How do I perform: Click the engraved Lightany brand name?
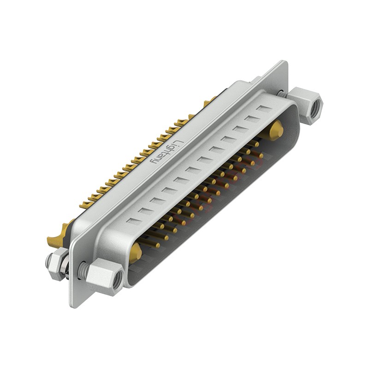click(165, 151)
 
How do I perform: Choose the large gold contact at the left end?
click(135, 252)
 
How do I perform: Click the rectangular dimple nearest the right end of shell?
click(264, 109)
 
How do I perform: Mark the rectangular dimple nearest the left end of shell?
click(133, 221)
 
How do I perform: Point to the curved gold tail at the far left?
click(55, 238)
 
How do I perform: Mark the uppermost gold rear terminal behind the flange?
click(210, 100)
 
